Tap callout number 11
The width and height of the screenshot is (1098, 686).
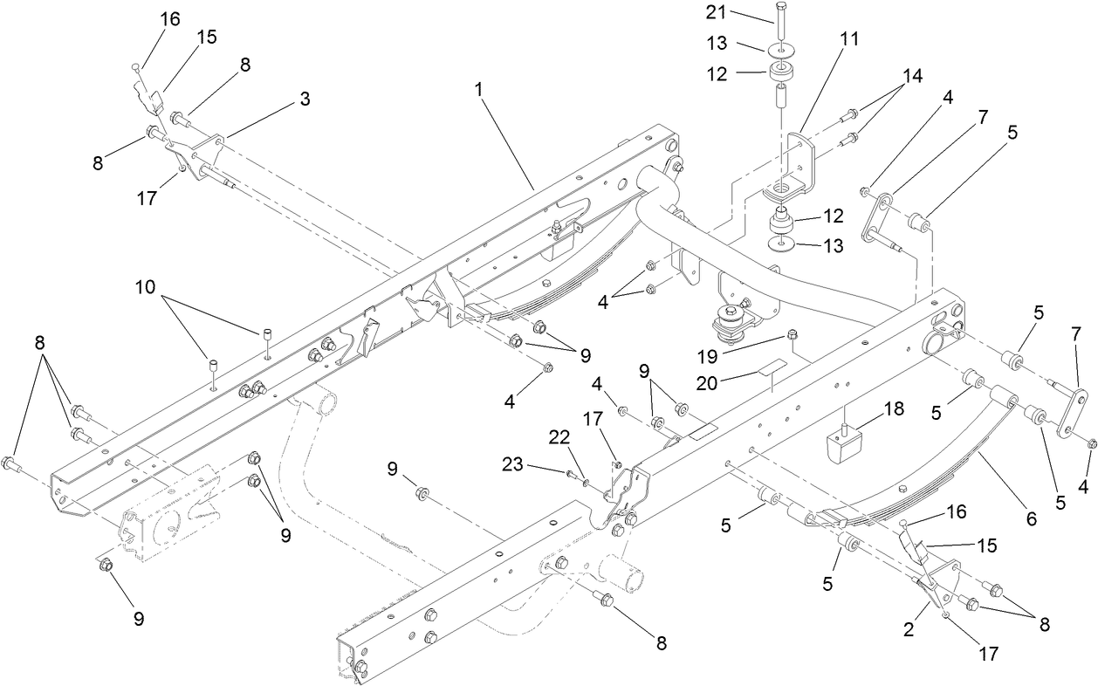click(x=848, y=38)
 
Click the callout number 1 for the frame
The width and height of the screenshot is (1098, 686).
click(x=479, y=89)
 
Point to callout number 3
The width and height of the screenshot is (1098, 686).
click(x=305, y=99)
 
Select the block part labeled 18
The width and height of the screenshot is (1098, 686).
click(x=842, y=444)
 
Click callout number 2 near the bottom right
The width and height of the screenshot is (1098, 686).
click(x=909, y=629)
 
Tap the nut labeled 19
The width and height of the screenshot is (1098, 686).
click(x=792, y=333)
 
